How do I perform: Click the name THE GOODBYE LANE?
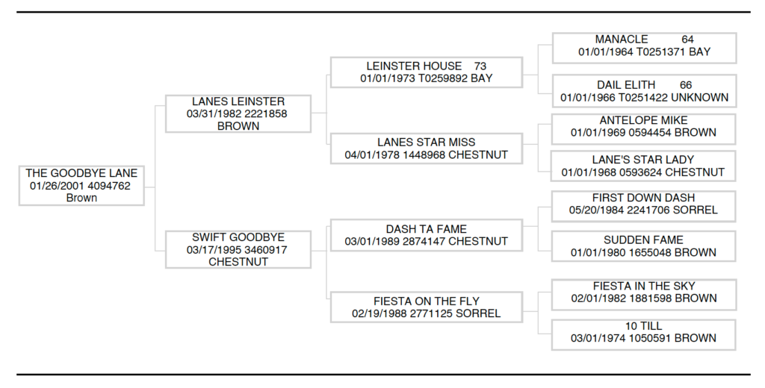(x=81, y=173)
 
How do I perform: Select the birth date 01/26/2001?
(x=57, y=186)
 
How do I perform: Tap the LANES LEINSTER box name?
(x=238, y=101)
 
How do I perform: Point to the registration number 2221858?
(x=266, y=114)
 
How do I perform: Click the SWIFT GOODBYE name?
(x=238, y=237)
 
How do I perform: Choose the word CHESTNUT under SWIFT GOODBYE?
(x=238, y=262)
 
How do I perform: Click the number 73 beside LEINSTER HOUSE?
(x=480, y=66)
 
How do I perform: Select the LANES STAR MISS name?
(x=426, y=143)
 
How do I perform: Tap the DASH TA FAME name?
(x=426, y=229)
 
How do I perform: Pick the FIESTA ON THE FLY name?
(x=426, y=301)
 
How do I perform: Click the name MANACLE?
(x=622, y=40)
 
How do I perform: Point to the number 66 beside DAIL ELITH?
(x=686, y=85)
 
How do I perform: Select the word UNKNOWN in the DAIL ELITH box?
(x=699, y=98)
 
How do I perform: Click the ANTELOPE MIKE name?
(x=643, y=120)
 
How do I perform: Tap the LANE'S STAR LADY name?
(x=643, y=160)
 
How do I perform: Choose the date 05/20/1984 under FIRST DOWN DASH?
(x=596, y=210)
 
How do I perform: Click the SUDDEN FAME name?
(x=643, y=240)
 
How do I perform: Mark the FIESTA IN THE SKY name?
(x=643, y=286)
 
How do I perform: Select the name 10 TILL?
(x=643, y=326)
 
